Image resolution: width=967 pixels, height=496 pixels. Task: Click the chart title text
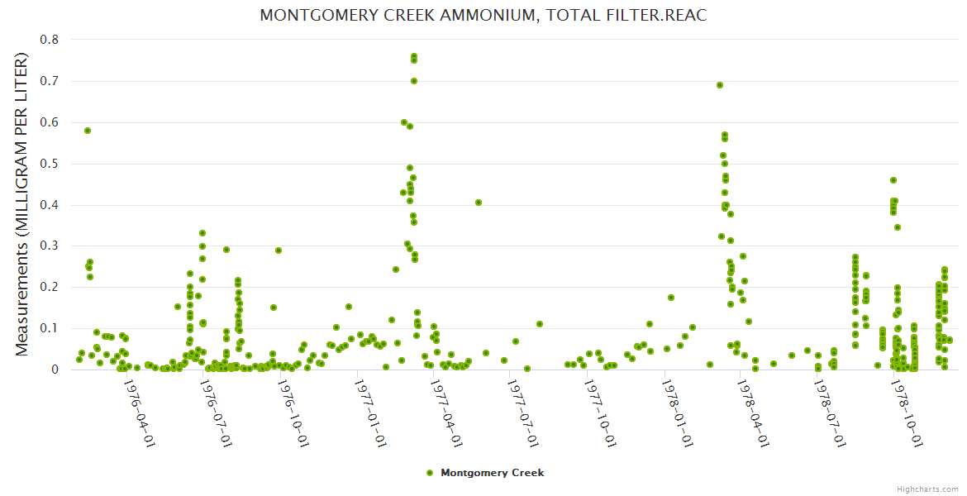pyautogui.click(x=483, y=16)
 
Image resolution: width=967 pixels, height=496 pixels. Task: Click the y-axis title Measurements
pyautogui.click(x=22, y=205)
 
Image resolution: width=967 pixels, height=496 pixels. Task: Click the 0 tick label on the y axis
pyautogui.click(x=55, y=370)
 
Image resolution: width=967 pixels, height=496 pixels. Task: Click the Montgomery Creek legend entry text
pyautogui.click(x=493, y=473)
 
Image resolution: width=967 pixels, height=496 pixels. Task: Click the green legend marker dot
pyautogui.click(x=429, y=473)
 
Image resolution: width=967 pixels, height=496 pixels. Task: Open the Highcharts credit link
pyautogui.click(x=928, y=489)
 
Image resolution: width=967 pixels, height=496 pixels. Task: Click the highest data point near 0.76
pyautogui.click(x=414, y=56)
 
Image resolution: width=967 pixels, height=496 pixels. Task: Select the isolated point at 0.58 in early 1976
pyautogui.click(x=88, y=131)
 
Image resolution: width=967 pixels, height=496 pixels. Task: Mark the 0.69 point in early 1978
pyautogui.click(x=720, y=85)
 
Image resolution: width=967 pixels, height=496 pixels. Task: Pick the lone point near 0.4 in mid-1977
pyautogui.click(x=479, y=203)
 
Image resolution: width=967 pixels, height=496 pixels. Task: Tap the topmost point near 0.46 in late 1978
pyautogui.click(x=893, y=180)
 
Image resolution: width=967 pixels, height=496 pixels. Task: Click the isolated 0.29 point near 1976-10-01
pyautogui.click(x=279, y=250)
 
